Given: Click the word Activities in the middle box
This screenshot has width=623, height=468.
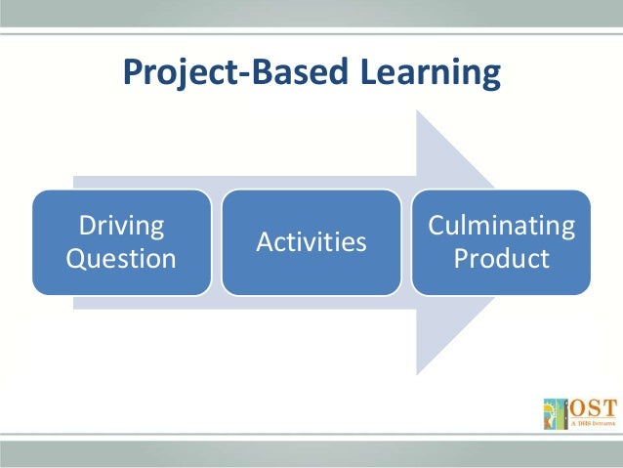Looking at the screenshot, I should click(311, 241).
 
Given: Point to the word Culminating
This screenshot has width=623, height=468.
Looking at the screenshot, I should click(502, 226).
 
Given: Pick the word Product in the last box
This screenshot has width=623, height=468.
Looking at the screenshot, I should click(502, 259).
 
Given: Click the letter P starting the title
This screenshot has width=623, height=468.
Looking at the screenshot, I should click(131, 72).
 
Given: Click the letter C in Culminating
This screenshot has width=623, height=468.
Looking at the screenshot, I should click(436, 226).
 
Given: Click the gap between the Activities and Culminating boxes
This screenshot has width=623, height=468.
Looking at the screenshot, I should click(406, 242).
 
